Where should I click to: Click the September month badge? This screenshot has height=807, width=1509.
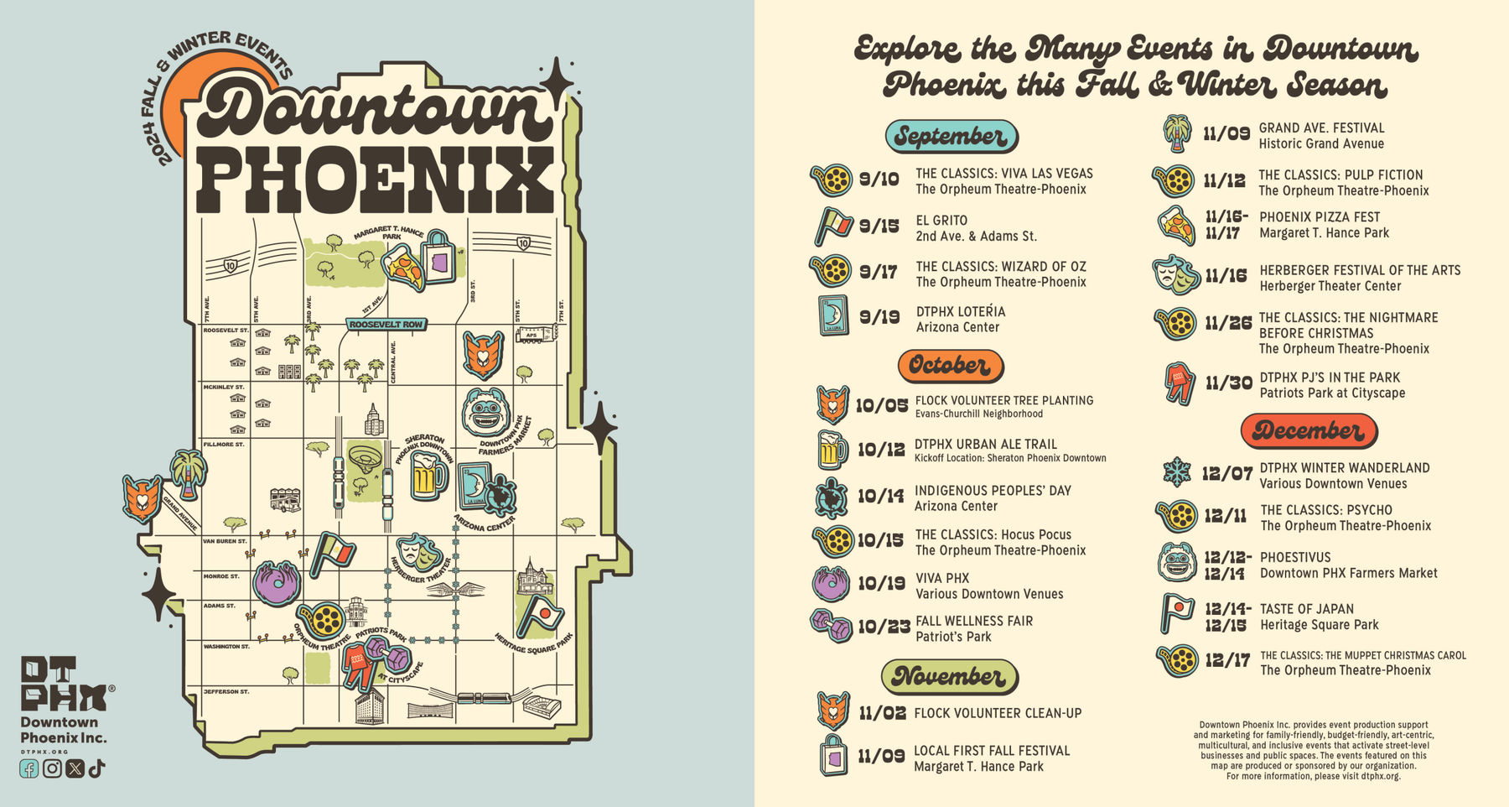pos(952,136)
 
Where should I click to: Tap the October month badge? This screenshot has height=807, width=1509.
pos(950,366)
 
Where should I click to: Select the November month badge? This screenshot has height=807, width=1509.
pos(949,676)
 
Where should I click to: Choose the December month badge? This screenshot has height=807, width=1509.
pos(1308,430)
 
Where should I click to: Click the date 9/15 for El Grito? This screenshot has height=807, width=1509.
pos(879,226)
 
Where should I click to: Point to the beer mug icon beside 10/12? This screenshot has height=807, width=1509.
pos(831,450)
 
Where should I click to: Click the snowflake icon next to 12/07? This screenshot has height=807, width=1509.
pos(1177,473)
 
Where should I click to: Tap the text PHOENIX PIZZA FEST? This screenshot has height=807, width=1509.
pos(1320,217)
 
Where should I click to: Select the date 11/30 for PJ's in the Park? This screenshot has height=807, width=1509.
pos(1228,383)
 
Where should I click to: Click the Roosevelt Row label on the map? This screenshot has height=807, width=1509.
pos(386,324)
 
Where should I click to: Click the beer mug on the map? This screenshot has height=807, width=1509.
pos(428,476)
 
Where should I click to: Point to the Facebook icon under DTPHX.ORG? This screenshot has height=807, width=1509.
pos(29,768)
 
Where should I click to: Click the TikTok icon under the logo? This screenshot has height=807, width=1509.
pos(96,768)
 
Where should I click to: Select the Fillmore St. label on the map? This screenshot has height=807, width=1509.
pos(224,444)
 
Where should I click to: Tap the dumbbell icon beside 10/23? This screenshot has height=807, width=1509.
pos(830,626)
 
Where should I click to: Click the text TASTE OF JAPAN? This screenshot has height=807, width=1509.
pos(1306,609)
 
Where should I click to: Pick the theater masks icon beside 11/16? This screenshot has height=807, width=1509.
pos(1176,274)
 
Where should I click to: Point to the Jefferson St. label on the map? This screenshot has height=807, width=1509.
pos(226,692)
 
